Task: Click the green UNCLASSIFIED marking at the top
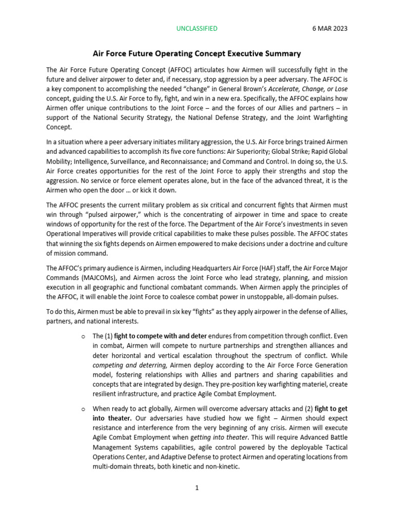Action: (x=197, y=29)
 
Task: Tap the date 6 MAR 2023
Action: (x=329, y=29)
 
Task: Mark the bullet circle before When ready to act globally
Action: (x=83, y=409)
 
